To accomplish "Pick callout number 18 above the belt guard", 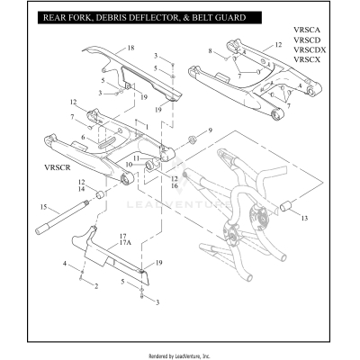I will coord(130,46).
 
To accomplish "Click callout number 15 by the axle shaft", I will coord(41,207).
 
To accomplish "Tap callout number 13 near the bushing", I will coord(303,219).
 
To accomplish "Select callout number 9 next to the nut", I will coord(210,131).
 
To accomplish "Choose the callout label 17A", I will coord(125,244).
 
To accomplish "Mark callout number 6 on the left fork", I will coord(82,137).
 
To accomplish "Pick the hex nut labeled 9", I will coord(192,139).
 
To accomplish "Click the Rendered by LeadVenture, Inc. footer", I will coord(179,356).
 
